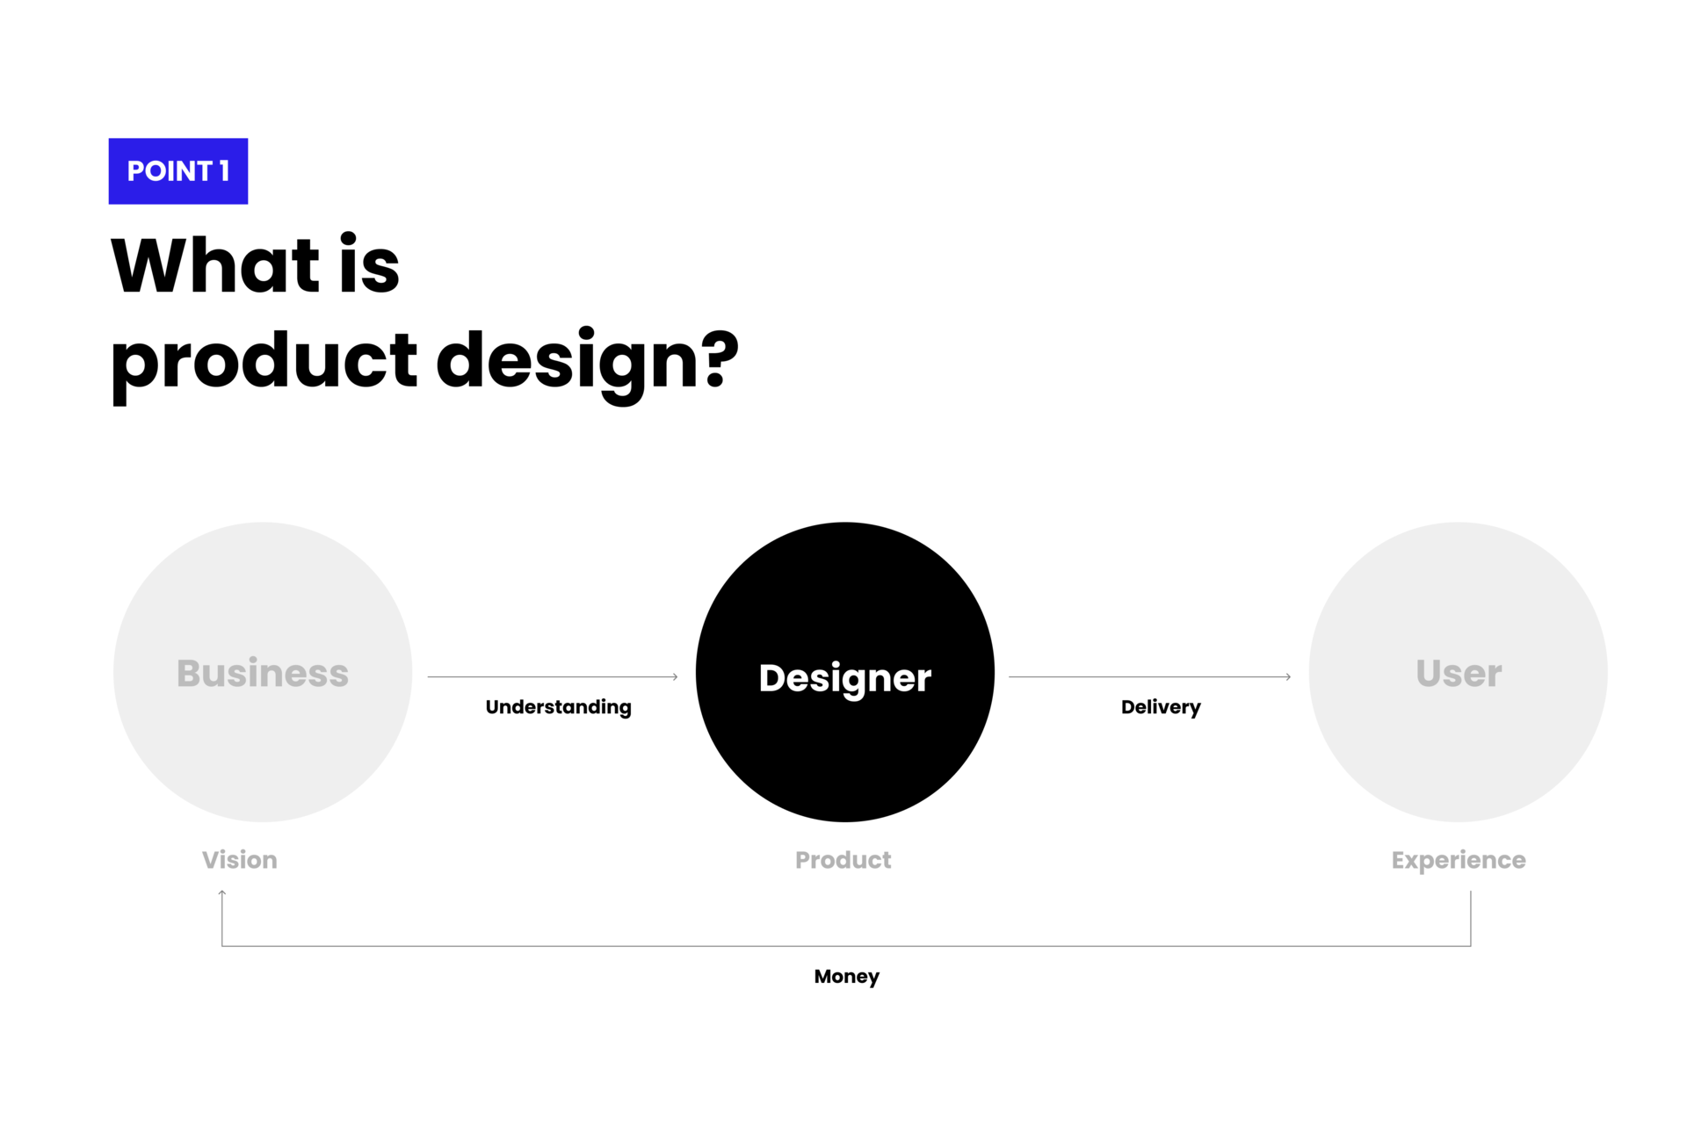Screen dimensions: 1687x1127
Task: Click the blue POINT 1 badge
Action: (x=178, y=171)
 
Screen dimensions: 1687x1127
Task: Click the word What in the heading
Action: (x=215, y=264)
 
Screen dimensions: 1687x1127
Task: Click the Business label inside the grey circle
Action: (x=263, y=673)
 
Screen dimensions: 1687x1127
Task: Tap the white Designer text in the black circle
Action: (x=845, y=678)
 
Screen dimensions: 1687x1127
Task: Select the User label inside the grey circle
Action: (x=1459, y=673)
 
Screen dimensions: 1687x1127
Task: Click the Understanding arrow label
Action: (x=559, y=707)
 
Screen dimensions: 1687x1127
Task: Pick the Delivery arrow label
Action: (x=1161, y=707)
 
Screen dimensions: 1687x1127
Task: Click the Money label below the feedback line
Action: (x=847, y=977)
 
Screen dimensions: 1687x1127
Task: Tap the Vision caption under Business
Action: (x=240, y=860)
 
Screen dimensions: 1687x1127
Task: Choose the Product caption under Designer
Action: (x=843, y=860)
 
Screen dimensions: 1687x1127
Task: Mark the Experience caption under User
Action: (x=1459, y=861)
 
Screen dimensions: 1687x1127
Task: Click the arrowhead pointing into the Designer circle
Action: (x=675, y=677)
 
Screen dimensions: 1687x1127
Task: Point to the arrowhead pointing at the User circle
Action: (x=1288, y=677)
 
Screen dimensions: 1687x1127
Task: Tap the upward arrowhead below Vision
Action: (x=222, y=893)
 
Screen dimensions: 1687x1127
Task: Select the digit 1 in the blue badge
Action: (x=224, y=170)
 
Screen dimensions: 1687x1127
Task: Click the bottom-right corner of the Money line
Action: (x=1471, y=946)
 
